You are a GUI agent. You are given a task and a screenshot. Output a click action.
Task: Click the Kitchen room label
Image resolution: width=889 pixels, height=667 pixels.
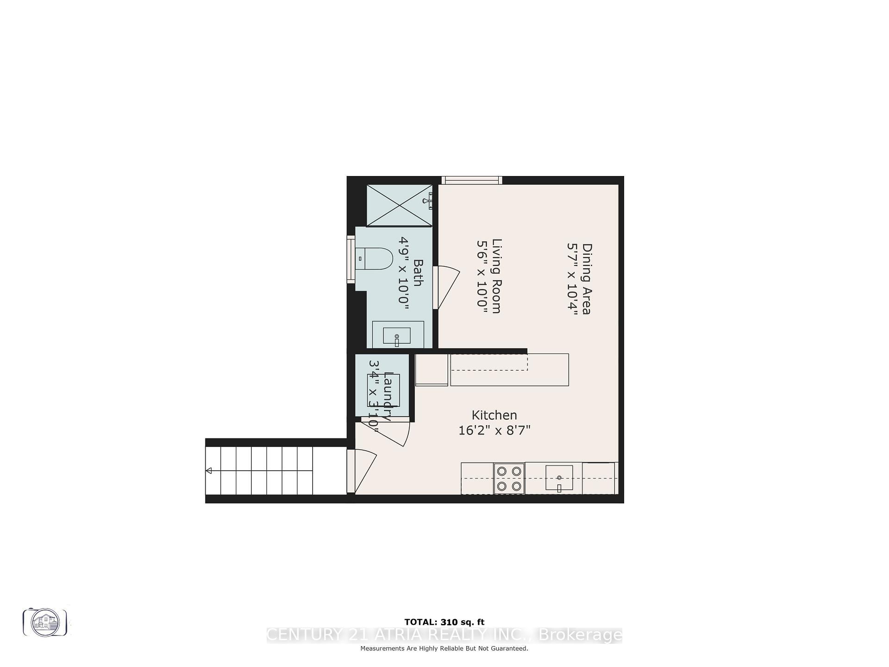494,415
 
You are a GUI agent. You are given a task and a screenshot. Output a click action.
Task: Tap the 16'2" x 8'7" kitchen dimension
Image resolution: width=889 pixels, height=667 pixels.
494,431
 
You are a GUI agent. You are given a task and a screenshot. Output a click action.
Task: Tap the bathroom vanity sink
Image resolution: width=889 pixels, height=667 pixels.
397,336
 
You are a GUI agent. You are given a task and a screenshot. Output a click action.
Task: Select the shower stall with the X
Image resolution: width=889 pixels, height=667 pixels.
399,205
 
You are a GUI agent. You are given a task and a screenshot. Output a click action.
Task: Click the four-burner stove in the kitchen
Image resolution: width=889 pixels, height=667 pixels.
509,478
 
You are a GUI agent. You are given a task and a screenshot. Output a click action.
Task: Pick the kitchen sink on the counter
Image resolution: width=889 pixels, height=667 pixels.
559,478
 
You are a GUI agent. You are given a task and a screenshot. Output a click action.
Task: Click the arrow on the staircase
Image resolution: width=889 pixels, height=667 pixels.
209,471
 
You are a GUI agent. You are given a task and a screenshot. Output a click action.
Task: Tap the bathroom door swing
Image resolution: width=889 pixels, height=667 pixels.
446,287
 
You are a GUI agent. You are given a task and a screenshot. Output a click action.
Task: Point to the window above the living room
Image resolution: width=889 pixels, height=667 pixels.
471,180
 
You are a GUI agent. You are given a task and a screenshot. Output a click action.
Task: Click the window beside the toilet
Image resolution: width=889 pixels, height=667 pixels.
351,259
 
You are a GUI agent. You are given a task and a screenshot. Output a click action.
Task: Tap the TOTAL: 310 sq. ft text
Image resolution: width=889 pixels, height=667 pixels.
444,622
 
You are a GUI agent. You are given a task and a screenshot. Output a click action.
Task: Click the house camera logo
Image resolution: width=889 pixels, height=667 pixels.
45,622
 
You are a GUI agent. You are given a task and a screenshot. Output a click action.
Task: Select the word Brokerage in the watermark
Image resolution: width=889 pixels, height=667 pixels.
580,635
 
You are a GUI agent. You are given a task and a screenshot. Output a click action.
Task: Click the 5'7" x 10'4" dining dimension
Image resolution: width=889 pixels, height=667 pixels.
572,279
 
